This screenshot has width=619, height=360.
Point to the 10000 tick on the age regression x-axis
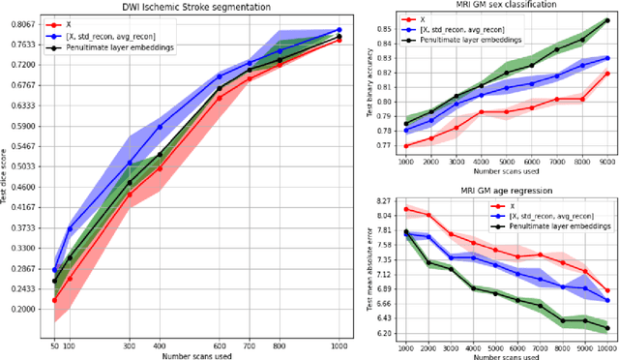606,346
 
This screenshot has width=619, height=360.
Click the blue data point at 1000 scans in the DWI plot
338,30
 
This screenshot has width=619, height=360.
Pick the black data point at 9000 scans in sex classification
606,18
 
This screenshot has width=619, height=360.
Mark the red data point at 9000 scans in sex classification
606,73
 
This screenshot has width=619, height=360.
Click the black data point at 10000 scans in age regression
606,328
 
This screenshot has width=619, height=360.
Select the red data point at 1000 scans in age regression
405,208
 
